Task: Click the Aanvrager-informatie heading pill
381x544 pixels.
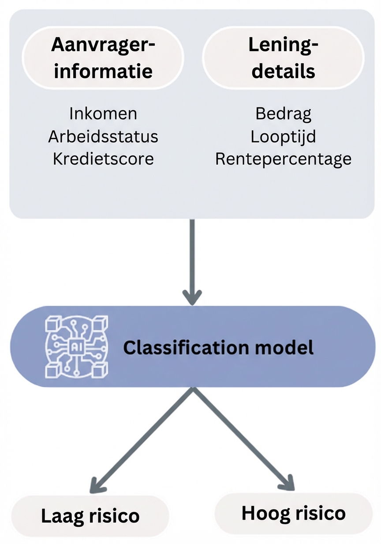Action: click(x=103, y=58)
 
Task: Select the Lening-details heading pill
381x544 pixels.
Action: click(x=283, y=58)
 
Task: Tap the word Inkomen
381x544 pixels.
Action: click(x=103, y=113)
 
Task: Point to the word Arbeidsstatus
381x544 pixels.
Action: click(x=103, y=136)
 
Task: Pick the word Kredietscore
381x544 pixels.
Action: click(x=103, y=159)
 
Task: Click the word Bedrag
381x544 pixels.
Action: click(x=283, y=113)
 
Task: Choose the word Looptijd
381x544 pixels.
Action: click(x=283, y=136)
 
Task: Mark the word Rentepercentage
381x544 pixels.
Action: click(x=283, y=159)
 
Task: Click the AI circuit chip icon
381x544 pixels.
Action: click(x=76, y=347)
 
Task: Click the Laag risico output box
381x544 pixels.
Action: click(x=90, y=516)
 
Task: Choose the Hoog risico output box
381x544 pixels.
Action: click(x=293, y=513)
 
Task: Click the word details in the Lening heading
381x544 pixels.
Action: click(x=283, y=71)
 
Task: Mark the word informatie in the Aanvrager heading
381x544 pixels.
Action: click(x=103, y=71)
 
